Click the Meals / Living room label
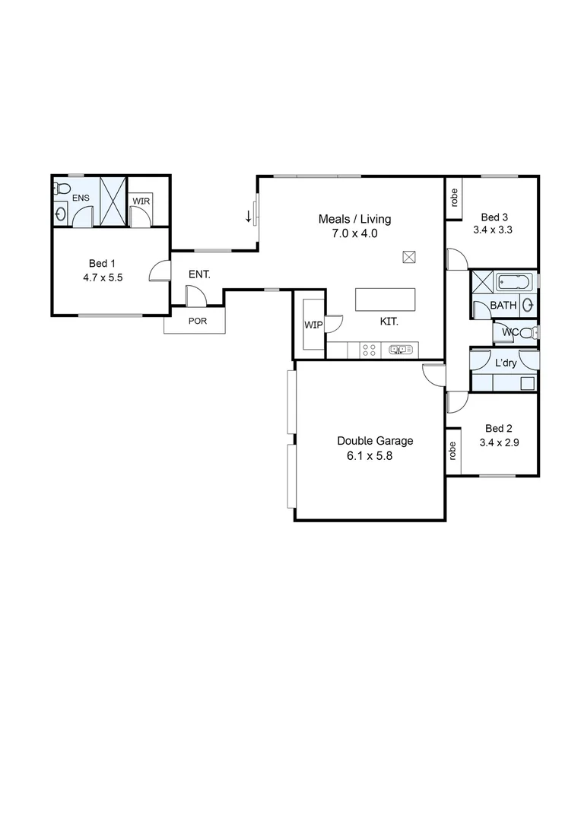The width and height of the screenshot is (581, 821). click(x=354, y=220)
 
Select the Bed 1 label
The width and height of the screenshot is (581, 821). click(x=103, y=264)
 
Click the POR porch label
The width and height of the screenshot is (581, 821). click(x=197, y=321)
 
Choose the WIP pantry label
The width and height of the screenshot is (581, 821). click(x=313, y=325)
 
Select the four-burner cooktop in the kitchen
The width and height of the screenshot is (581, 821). click(x=370, y=350)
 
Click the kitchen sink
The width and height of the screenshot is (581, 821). click(x=401, y=350)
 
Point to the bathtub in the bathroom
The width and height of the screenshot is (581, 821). click(x=516, y=283)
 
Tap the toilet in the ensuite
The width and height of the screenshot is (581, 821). click(x=62, y=188)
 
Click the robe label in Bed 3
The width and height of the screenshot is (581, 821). click(x=454, y=198)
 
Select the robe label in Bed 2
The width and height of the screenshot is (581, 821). click(x=453, y=452)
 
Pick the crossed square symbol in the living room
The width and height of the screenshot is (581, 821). click(x=409, y=256)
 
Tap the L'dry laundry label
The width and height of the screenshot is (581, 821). click(x=506, y=364)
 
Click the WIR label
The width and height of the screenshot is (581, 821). click(x=141, y=201)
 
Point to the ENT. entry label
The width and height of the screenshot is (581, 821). click(x=199, y=274)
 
